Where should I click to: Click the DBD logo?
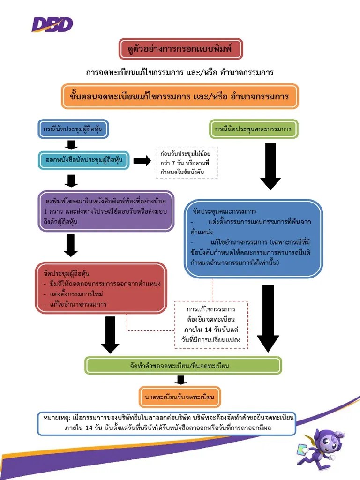point(52,24)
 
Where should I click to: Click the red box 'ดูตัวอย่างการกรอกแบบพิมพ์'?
point(180,49)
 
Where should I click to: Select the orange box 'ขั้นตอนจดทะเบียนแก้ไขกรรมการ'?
point(180,96)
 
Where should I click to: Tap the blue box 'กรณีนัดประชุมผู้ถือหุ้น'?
point(73,129)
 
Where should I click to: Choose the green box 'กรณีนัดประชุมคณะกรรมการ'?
point(254,129)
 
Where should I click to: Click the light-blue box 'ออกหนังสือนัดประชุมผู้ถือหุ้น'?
point(84,160)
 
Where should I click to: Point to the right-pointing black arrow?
point(142,161)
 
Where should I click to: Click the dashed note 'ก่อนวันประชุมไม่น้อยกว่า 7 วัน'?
point(187,163)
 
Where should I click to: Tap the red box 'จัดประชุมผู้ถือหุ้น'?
point(101,288)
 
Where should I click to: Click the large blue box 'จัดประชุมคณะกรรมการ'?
point(253,238)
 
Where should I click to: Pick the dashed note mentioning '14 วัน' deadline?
point(211,324)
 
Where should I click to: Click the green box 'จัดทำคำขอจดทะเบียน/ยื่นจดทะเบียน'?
point(183,365)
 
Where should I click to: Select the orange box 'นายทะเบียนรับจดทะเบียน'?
point(180,397)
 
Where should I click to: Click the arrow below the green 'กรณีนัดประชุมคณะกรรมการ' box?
point(270,166)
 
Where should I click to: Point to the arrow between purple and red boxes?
point(71,245)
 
